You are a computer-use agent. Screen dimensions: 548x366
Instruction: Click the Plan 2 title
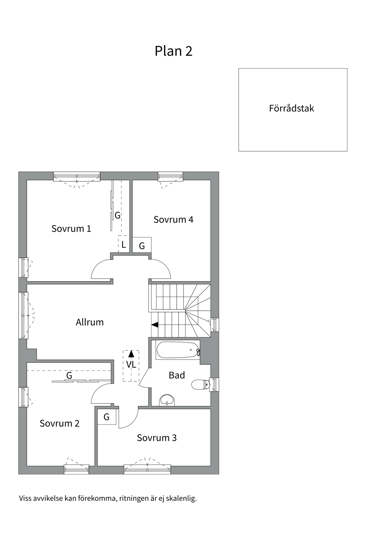173,51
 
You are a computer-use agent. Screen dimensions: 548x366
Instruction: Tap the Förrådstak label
291,108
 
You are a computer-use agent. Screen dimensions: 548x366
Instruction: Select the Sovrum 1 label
71,229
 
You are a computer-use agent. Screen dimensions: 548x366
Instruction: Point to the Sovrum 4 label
173,219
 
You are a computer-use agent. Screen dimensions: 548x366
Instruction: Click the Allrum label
89,322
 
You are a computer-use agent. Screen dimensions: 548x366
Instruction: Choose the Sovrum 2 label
59,423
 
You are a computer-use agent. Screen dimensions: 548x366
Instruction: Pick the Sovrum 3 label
157,438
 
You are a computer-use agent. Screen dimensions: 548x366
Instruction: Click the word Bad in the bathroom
177,375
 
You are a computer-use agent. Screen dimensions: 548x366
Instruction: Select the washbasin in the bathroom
167,400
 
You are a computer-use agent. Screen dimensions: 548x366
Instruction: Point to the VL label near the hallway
131,365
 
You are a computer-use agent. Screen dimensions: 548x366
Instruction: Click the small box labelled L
124,244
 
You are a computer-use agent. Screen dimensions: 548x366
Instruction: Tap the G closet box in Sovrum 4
142,245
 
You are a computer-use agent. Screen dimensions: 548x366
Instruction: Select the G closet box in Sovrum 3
107,417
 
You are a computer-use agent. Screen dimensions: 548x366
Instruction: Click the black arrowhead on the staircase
155,325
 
